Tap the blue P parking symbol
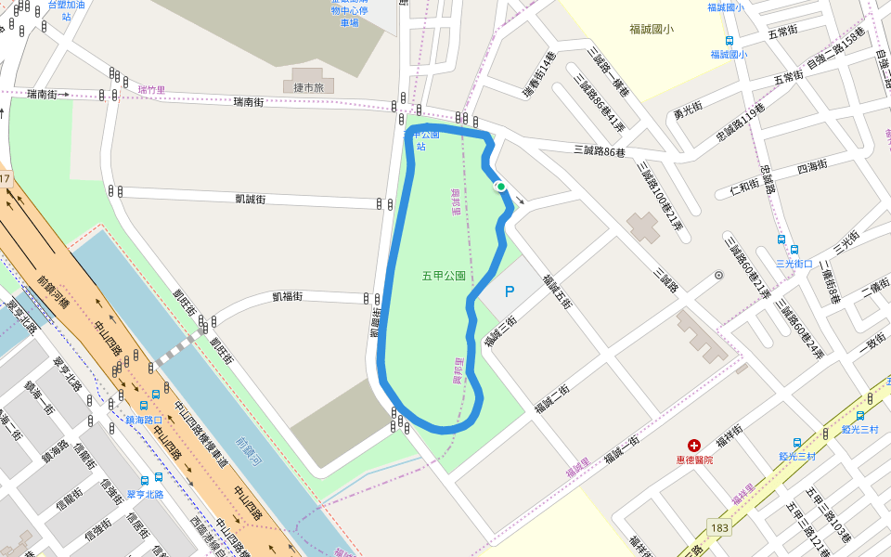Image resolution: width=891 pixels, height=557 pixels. [509, 291]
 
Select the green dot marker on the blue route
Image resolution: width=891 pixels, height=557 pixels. [501, 187]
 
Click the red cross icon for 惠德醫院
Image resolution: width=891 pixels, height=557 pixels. [694, 446]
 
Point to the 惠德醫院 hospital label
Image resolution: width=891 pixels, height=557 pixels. [694, 460]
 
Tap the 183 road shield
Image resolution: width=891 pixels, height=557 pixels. [719, 526]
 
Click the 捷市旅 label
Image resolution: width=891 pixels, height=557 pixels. [306, 87]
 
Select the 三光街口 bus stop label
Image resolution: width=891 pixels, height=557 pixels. [794, 263]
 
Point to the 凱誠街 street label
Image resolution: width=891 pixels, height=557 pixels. [251, 199]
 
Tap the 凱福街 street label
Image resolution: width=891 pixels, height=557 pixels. [289, 296]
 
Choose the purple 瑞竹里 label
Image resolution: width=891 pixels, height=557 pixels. [151, 90]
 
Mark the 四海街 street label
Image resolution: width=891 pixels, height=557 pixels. [812, 167]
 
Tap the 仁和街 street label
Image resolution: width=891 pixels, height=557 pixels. [745, 186]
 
